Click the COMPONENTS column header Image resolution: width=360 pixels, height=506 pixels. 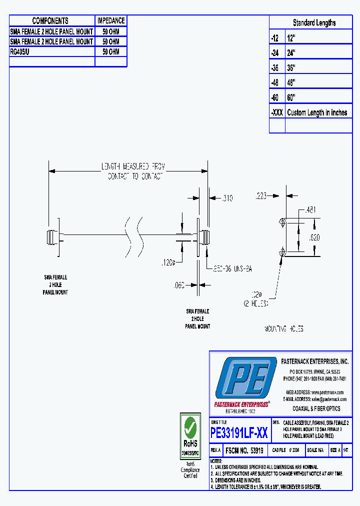click(50, 20)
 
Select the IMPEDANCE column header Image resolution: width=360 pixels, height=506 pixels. click(111, 20)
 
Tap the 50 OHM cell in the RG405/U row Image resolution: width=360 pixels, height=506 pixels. click(111, 51)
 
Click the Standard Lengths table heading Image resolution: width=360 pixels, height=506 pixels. click(314, 22)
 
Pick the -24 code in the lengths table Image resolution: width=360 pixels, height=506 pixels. click(275, 52)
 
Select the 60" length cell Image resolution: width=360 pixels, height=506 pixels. click(291, 97)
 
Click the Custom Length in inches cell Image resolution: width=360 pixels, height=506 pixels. click(317, 112)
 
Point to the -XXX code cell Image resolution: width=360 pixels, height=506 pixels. click(277, 112)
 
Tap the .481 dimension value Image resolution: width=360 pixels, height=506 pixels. click(310, 210)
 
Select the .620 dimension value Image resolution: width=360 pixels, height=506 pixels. click(314, 238)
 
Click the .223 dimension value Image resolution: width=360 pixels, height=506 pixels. click(261, 196)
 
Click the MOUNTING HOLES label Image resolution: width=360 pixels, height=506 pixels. click(283, 329)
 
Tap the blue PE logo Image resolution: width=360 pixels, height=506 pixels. click(245, 378)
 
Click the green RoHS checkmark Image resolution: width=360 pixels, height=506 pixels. click(190, 426)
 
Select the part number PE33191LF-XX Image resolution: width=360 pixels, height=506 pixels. click(239, 433)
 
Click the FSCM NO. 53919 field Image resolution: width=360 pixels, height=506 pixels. click(244, 450)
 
